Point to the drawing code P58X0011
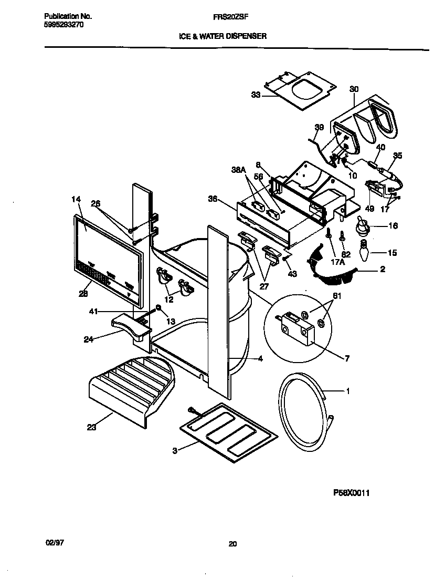[355, 493]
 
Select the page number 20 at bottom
[232, 544]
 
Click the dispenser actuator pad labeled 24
[131, 328]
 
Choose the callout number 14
[76, 199]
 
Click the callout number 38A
[239, 170]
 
